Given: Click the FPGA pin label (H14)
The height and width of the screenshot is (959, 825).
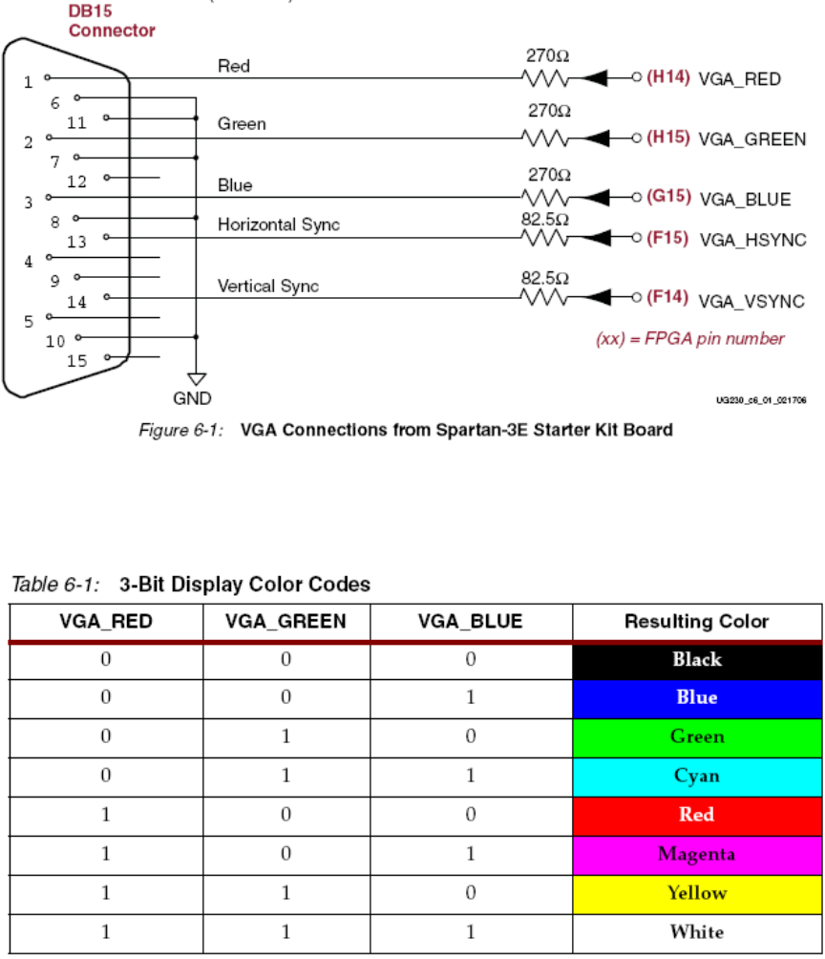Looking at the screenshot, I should [669, 79].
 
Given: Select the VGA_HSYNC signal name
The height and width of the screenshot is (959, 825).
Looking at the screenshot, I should [753, 239].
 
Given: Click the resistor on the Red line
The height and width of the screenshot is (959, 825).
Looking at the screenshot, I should [545, 79].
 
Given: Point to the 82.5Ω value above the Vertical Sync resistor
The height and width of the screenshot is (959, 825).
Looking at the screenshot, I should [545, 276].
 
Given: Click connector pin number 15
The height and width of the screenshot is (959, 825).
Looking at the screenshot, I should [77, 361].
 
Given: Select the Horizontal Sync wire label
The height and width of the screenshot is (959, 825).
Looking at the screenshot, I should [279, 225].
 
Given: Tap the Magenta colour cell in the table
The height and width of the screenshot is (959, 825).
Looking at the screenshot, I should [697, 853].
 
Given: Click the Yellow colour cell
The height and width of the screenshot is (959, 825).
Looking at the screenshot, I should [697, 892].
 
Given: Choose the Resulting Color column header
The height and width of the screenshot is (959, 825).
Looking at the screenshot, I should [697, 622].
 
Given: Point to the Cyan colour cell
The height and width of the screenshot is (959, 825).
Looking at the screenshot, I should [697, 775].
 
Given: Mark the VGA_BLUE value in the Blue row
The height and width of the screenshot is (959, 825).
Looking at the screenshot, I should [471, 697].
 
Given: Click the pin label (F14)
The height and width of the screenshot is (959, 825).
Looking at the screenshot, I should [667, 297].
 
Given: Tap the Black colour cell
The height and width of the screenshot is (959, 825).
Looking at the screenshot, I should [697, 659].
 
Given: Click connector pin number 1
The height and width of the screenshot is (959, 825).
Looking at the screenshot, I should [28, 82].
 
